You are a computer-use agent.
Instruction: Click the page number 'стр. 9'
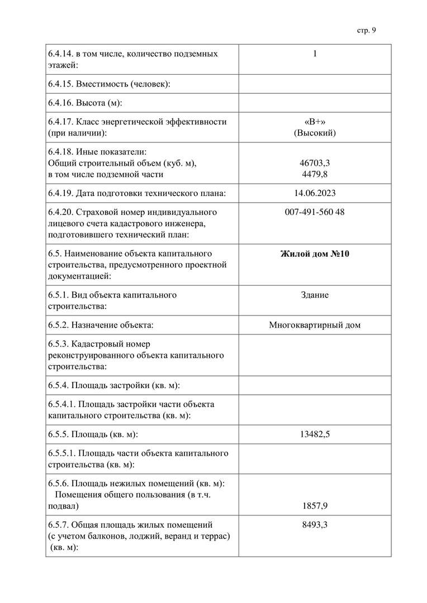366,30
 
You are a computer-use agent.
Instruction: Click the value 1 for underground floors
315,54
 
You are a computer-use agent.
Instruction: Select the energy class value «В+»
315,121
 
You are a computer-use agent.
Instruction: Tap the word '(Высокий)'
315,133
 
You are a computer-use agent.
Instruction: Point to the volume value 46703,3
315,163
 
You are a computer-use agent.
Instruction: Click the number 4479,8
315,174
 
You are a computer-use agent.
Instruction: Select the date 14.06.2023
315,193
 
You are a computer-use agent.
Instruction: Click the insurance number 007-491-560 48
315,212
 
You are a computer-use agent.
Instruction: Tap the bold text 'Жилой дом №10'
315,253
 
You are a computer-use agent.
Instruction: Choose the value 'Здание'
315,295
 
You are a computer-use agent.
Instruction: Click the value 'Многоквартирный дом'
315,325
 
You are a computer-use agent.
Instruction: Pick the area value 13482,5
315,434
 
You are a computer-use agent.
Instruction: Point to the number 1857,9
315,506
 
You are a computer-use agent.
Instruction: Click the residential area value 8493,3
315,525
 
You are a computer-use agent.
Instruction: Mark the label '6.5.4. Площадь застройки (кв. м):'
114,385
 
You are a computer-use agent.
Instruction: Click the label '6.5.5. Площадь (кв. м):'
93,434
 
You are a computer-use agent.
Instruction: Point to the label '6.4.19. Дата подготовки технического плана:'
137,193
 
